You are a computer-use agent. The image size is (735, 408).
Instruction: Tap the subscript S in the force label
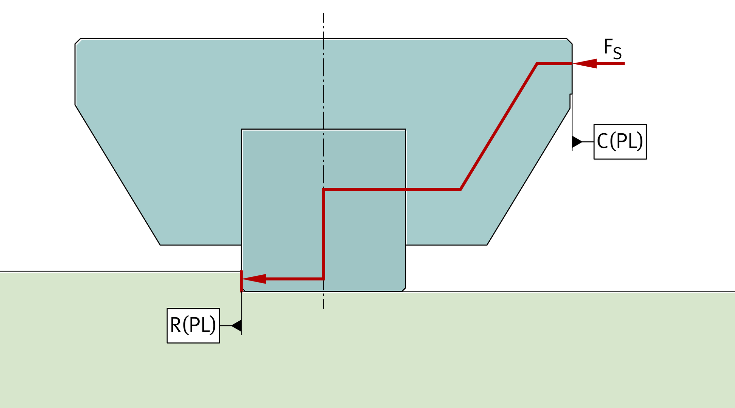617,54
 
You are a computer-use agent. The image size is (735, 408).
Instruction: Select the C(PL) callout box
620,141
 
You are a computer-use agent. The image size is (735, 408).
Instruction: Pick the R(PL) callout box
193,325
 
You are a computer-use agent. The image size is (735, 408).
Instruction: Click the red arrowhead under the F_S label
585,64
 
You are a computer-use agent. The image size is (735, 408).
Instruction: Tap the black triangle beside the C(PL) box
577,141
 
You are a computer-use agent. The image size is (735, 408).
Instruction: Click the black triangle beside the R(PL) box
237,325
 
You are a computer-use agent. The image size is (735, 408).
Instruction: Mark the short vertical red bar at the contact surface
241,281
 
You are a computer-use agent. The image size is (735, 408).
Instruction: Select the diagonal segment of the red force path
499,126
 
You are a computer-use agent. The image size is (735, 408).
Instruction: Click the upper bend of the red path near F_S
537,64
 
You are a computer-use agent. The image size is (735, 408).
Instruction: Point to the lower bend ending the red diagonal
460,189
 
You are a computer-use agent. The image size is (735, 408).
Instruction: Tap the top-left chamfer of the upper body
78,41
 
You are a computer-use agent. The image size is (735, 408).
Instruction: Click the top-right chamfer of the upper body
569,41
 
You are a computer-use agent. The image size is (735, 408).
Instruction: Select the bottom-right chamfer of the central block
404,289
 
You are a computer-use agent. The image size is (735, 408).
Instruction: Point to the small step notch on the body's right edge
571,95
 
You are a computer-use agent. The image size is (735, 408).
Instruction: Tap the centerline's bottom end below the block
323,308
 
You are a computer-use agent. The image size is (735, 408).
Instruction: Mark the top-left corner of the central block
242,129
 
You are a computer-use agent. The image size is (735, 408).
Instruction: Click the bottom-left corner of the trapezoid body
160,245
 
